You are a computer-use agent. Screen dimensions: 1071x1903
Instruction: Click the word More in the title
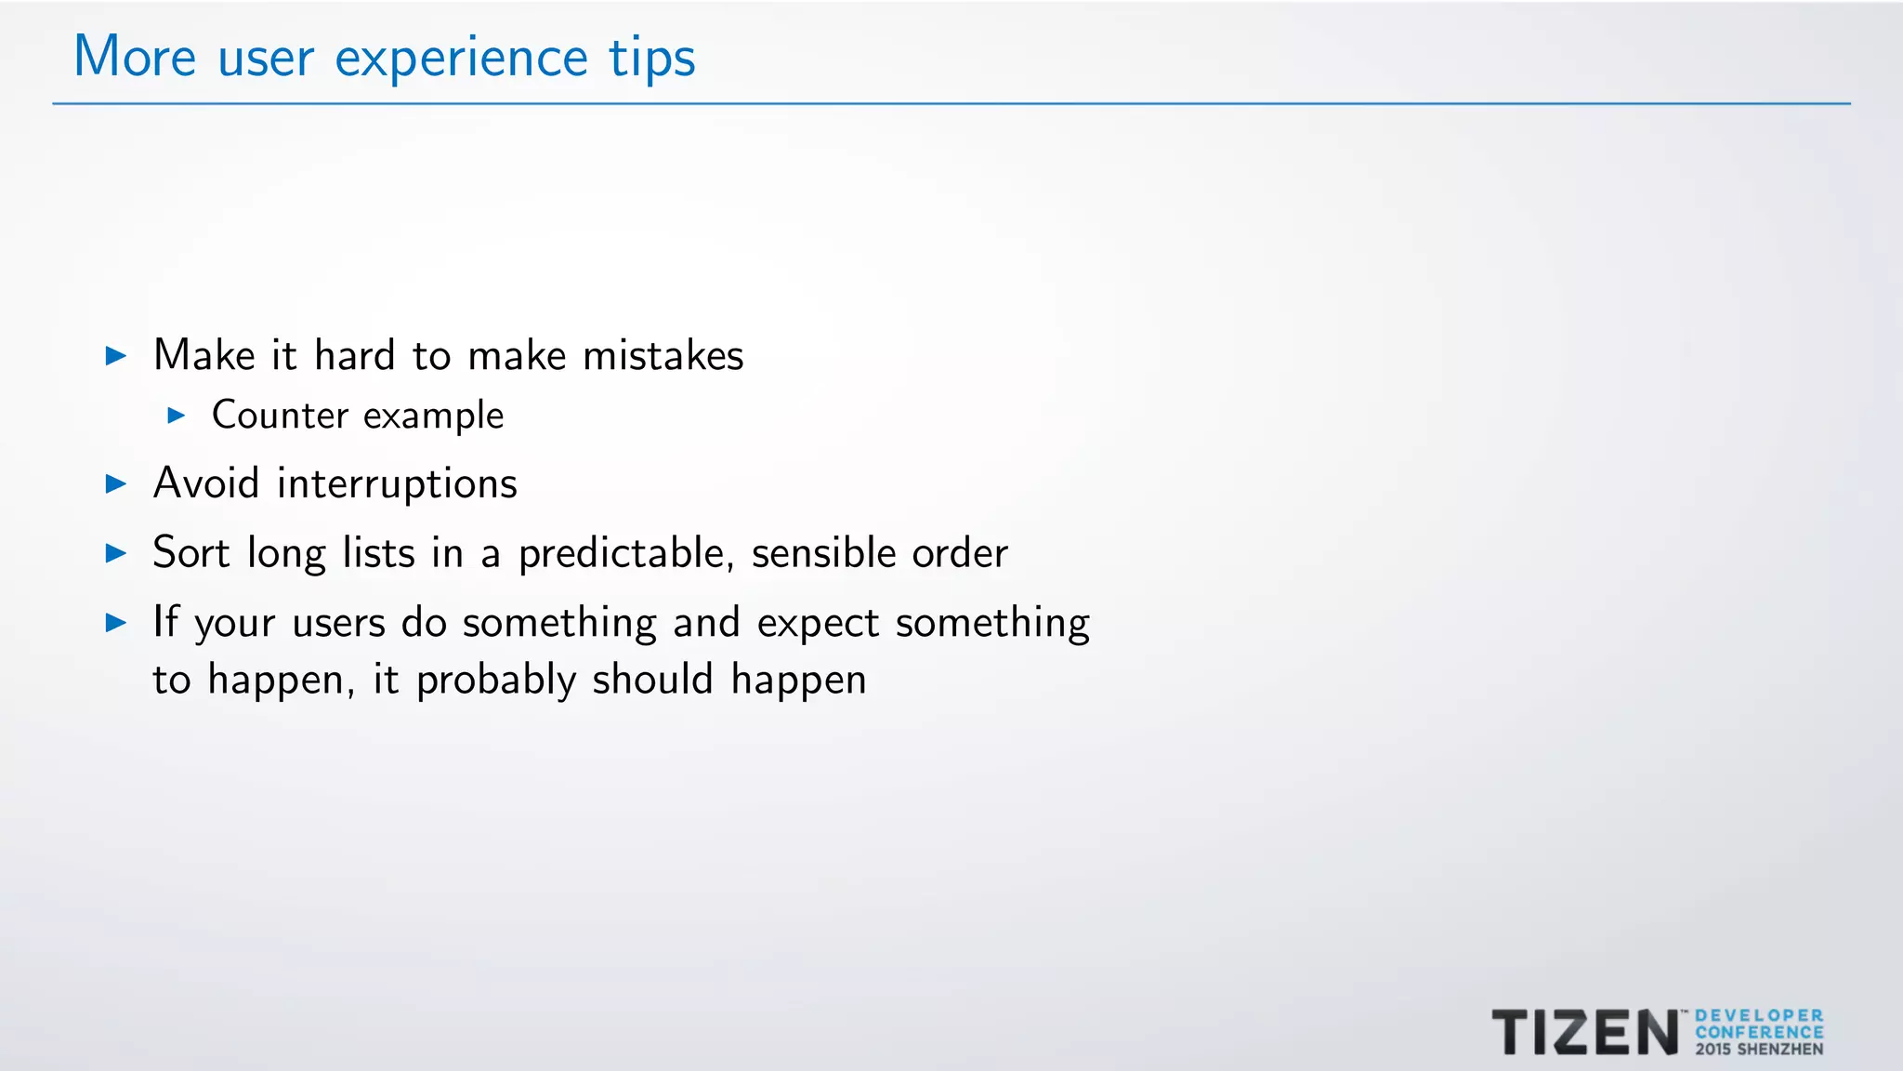(135, 58)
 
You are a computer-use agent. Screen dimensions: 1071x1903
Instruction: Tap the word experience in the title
(461, 59)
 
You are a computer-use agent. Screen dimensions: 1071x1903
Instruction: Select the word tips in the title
(652, 59)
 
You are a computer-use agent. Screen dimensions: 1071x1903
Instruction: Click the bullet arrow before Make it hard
(116, 356)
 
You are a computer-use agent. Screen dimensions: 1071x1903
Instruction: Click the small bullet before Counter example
(177, 416)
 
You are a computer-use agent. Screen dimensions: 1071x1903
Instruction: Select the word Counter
(280, 416)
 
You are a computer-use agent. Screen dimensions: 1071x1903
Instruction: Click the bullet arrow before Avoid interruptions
(116, 484)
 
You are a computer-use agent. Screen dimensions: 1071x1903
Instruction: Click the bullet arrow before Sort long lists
(116, 554)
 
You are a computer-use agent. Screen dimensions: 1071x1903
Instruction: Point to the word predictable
(621, 554)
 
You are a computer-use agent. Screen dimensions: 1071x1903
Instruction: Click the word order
(960, 554)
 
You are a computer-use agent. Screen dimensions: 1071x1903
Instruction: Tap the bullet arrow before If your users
(116, 623)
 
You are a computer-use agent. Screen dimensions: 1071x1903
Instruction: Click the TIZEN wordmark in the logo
(1585, 1033)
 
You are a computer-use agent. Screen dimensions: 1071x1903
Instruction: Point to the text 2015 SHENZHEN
(1759, 1050)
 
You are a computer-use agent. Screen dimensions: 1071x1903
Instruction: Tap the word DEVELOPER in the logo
(1759, 1016)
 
